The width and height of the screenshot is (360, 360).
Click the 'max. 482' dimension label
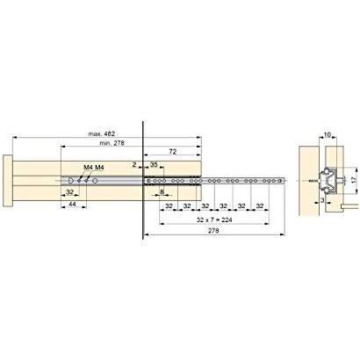pyautogui.click(x=102, y=133)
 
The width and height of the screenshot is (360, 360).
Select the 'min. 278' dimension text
pyautogui.click(x=112, y=143)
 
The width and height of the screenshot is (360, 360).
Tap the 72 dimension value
pyautogui.click(x=173, y=151)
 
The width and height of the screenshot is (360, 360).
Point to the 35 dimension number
pyautogui.click(x=154, y=164)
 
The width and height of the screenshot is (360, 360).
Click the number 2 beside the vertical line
pyautogui.click(x=134, y=165)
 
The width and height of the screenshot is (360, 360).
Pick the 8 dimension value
pyautogui.click(x=162, y=192)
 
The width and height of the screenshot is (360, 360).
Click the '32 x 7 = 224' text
pyautogui.click(x=214, y=220)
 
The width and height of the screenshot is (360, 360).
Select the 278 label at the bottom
pyautogui.click(x=213, y=231)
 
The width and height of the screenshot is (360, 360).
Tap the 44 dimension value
pyautogui.click(x=72, y=204)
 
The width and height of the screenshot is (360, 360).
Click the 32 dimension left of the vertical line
pyautogui.click(x=69, y=192)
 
